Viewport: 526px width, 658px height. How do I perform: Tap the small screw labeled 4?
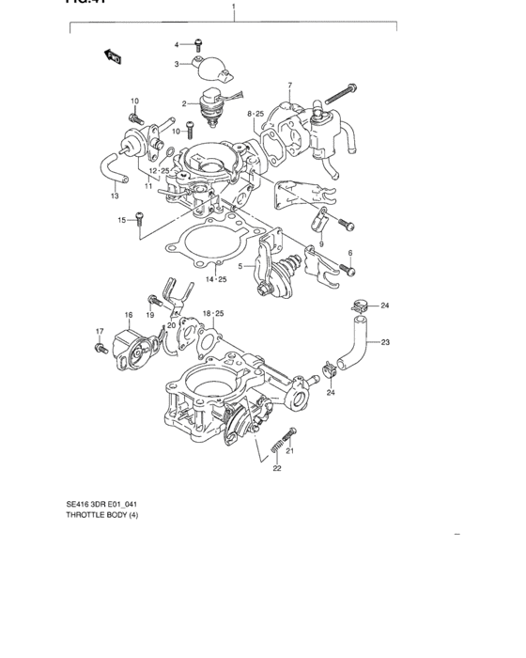198,43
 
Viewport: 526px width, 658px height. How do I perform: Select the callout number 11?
147,185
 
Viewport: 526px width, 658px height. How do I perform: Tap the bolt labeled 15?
139,219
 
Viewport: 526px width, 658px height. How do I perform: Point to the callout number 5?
240,266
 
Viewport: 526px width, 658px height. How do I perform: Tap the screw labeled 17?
101,349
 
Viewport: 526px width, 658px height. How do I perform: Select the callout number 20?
171,325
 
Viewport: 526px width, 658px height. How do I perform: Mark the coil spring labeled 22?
274,445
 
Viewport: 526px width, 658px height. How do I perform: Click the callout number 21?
290,451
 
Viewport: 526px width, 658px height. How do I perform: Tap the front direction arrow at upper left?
113,59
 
